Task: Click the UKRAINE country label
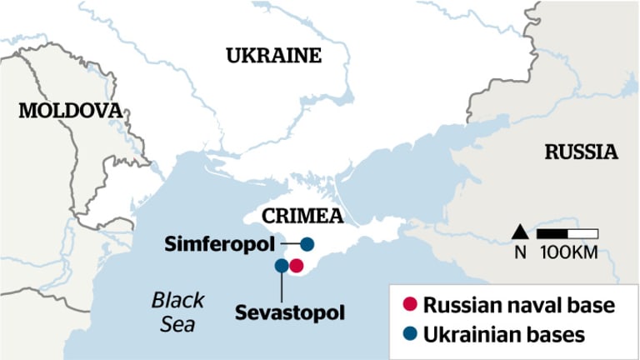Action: pyautogui.click(x=272, y=56)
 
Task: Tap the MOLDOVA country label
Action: pyautogui.click(x=69, y=110)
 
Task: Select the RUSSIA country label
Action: pyautogui.click(x=581, y=152)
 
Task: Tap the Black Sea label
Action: pyautogui.click(x=178, y=312)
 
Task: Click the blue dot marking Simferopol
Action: pyautogui.click(x=307, y=244)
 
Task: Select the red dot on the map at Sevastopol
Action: pyautogui.click(x=297, y=266)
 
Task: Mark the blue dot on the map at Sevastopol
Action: pyautogui.click(x=282, y=266)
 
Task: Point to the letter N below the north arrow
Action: pyautogui.click(x=520, y=252)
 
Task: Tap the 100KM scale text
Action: pyautogui.click(x=568, y=252)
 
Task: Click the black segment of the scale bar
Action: pyautogui.click(x=552, y=232)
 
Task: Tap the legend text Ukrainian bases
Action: pyautogui.click(x=505, y=334)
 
